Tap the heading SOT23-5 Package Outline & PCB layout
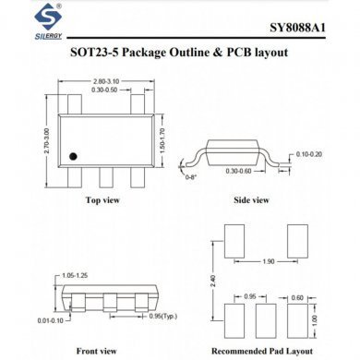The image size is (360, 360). pyautogui.click(x=179, y=53)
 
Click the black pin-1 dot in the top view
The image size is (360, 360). pyautogui.click(x=78, y=154)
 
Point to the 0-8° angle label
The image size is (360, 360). pyautogui.click(x=192, y=174)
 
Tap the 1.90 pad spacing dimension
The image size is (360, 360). pyautogui.click(x=268, y=261)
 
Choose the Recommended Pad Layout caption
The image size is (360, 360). pyautogui.click(x=263, y=350)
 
